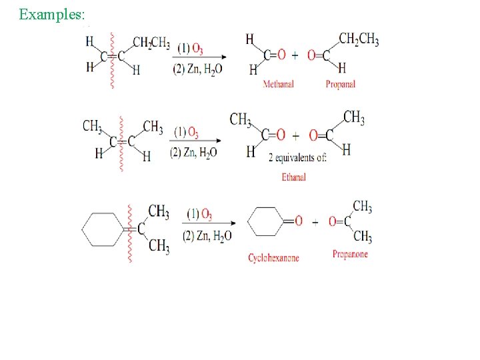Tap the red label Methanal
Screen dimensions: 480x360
coord(279,85)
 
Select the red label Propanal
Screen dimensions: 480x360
coord(340,85)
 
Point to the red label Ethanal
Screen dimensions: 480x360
coord(293,177)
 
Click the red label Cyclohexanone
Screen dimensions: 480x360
coord(273,258)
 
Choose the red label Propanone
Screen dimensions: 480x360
coord(350,255)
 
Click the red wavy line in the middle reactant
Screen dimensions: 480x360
coord(121,144)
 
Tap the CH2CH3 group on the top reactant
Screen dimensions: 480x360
coord(151,43)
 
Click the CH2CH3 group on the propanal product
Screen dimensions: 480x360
coord(359,39)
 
